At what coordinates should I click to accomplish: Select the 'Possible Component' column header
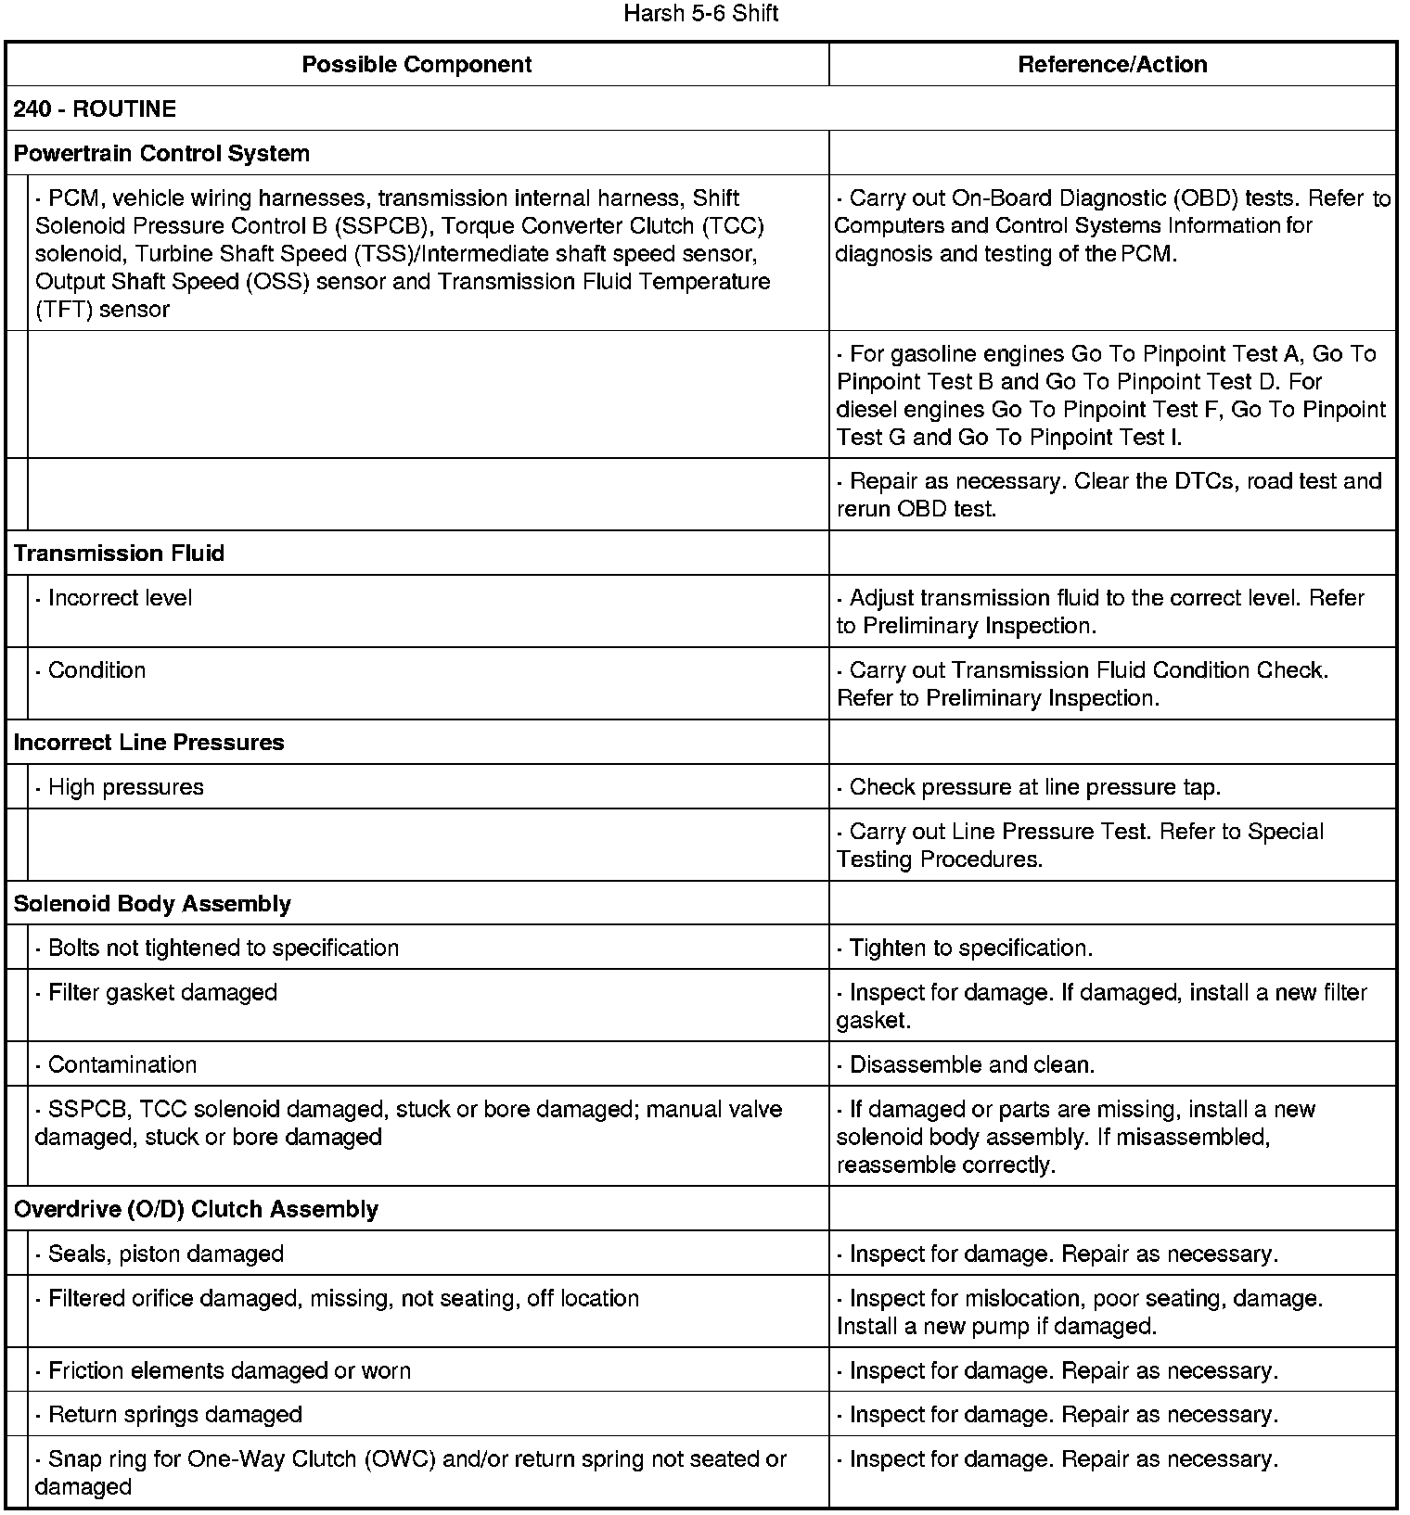pyautogui.click(x=417, y=64)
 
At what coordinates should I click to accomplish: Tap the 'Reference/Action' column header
pyautogui.click(x=1112, y=64)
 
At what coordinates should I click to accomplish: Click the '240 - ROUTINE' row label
pyautogui.click(x=95, y=108)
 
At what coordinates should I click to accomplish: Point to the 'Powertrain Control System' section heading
pyautogui.click(x=161, y=153)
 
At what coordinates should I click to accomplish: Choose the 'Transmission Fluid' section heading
pyautogui.click(x=119, y=553)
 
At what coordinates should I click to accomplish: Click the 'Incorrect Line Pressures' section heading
pyautogui.click(x=148, y=742)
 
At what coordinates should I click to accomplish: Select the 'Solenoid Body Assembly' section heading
pyautogui.click(x=152, y=903)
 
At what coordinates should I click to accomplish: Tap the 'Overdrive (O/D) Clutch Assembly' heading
pyautogui.click(x=196, y=1209)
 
